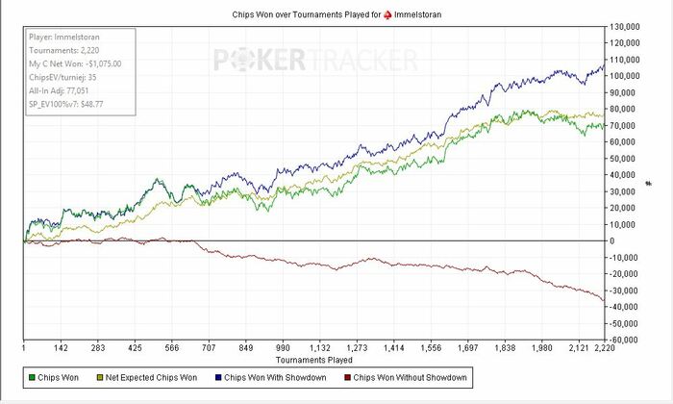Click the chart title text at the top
pos(336,14)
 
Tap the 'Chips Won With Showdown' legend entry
pos(277,378)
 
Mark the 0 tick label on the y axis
pos(615,240)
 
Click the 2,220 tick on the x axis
pos(602,348)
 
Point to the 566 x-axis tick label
pos(172,348)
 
